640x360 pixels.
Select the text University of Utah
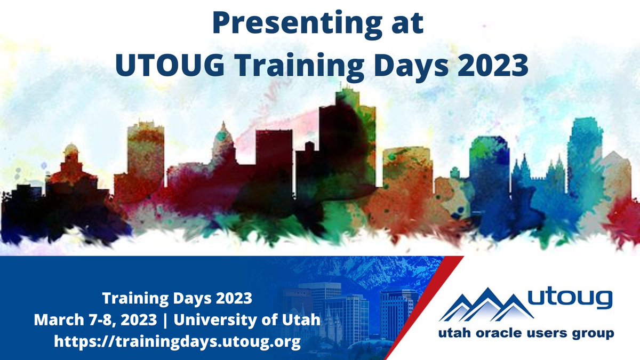tap(247, 320)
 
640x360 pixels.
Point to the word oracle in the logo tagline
tap(500, 335)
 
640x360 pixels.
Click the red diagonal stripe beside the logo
tap(421, 309)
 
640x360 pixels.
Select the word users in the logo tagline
tap(549, 335)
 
